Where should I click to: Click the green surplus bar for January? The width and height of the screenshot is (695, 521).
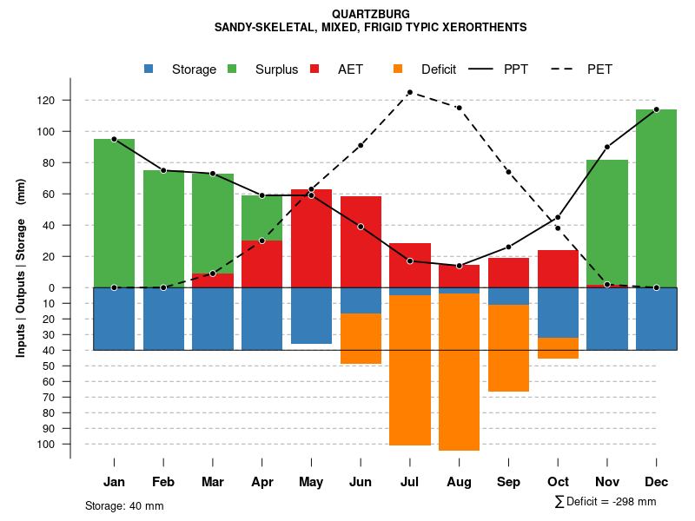[114, 213]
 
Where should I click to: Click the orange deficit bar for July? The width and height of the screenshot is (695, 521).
[410, 370]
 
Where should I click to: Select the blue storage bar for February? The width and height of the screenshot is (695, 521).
[163, 319]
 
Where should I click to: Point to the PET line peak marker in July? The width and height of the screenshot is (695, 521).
[409, 92]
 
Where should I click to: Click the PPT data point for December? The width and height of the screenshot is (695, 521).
[656, 109]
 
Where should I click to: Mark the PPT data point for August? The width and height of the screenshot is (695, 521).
[459, 266]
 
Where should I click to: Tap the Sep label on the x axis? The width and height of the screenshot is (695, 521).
[508, 482]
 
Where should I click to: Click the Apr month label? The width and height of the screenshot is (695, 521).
[261, 482]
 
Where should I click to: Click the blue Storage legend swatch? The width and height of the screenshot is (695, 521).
[149, 69]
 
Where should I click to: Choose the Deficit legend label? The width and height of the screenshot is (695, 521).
[438, 69]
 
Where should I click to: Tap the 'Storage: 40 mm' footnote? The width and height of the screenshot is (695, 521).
[124, 505]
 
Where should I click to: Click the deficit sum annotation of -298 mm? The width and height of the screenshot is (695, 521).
[606, 502]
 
